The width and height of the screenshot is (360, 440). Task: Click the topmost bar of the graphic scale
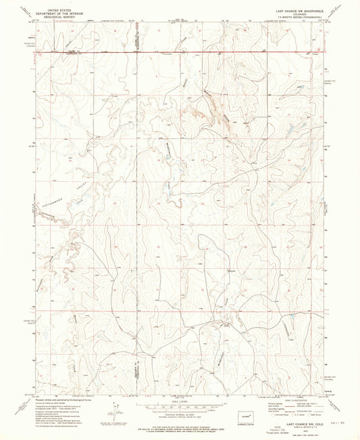tap(179, 400)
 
